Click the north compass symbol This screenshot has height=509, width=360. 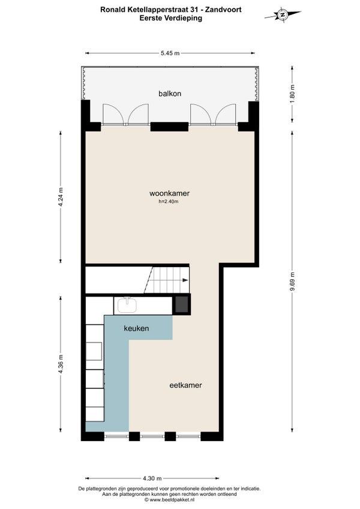(283, 15)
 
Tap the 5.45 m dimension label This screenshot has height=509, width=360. (170, 53)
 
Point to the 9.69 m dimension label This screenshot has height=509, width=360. (292, 282)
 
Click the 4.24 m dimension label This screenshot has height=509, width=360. (61, 197)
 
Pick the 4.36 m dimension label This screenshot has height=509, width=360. (61, 364)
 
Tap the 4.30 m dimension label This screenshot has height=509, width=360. (152, 478)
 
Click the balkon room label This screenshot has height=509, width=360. (170, 94)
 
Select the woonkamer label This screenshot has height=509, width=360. (169, 193)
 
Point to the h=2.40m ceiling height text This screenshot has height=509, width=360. (169, 202)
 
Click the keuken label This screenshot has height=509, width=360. (136, 328)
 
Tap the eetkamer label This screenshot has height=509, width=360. (185, 385)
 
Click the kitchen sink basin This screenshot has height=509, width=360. (127, 305)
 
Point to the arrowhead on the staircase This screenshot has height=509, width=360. (185, 280)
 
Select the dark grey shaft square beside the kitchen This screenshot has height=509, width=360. (181, 304)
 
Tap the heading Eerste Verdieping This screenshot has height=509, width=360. (171, 18)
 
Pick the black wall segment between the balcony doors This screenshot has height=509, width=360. (169, 127)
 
